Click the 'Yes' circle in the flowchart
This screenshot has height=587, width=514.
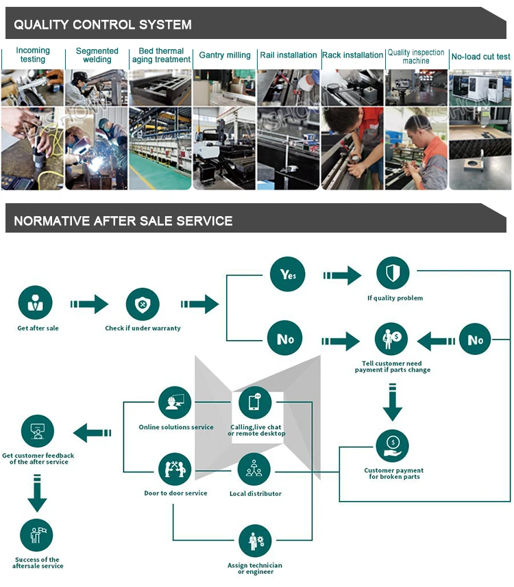286,275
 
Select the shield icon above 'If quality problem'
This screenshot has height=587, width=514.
393,274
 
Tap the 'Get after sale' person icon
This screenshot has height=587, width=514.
35,304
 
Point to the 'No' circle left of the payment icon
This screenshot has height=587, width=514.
284,339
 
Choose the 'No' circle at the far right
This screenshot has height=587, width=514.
475,339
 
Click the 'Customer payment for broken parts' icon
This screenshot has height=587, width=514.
393,445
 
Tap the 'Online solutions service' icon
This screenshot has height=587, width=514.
175,403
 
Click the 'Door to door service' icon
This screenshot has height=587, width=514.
175,469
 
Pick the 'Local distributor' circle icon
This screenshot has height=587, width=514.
254,469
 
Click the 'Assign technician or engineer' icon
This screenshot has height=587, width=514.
254,541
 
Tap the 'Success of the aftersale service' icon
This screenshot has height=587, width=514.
37,536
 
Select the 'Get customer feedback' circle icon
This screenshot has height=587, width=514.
37,431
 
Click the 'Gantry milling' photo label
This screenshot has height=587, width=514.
225,55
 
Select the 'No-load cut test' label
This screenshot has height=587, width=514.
480,56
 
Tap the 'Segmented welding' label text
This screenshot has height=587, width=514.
97,55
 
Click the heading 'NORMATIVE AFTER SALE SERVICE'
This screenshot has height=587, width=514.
123,221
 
